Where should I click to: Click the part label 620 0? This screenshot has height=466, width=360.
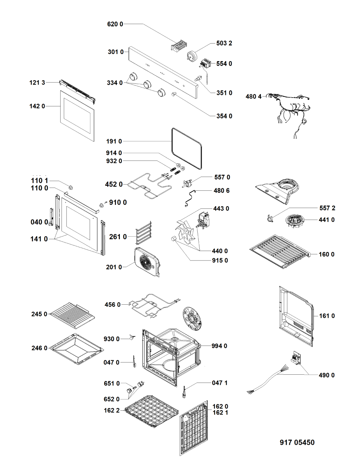[x=115, y=24]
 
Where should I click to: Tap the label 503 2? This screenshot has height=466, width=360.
[x=224, y=43]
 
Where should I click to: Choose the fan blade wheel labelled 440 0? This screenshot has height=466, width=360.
[x=185, y=231]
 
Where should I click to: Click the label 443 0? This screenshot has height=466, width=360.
[x=221, y=208]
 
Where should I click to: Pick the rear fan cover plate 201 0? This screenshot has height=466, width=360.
[x=147, y=261]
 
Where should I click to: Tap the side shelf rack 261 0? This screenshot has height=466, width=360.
[x=144, y=233]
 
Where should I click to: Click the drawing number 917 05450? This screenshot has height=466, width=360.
[x=297, y=442]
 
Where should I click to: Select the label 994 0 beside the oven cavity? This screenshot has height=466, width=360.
[x=219, y=346]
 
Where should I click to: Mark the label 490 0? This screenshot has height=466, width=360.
[x=327, y=375]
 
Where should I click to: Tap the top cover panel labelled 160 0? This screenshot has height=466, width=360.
[x=280, y=251]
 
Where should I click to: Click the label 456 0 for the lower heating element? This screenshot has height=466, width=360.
[x=113, y=305]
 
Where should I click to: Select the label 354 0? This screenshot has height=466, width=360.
[x=224, y=116]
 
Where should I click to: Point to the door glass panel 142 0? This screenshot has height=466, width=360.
[x=77, y=116]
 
